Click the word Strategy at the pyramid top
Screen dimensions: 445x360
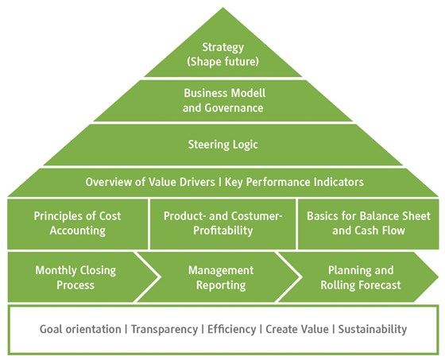tap(222, 48)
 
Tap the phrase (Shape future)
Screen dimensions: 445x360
tap(222, 62)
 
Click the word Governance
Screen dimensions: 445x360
tap(234, 108)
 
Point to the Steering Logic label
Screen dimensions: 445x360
tap(222, 145)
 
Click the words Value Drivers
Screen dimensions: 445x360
tap(182, 182)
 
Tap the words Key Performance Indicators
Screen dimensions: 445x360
tap(294, 182)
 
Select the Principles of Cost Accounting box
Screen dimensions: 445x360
tap(78, 224)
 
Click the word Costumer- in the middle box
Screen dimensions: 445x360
tap(257, 216)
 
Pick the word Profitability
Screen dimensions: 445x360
tap(222, 230)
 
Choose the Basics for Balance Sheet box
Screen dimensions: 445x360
tap(369, 224)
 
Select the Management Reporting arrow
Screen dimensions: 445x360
tap(219, 277)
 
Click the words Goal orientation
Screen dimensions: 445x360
tap(80, 329)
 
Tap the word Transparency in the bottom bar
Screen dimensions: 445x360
tap(164, 329)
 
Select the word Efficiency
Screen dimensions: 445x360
tap(231, 329)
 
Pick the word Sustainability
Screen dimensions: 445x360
tap(373, 329)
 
